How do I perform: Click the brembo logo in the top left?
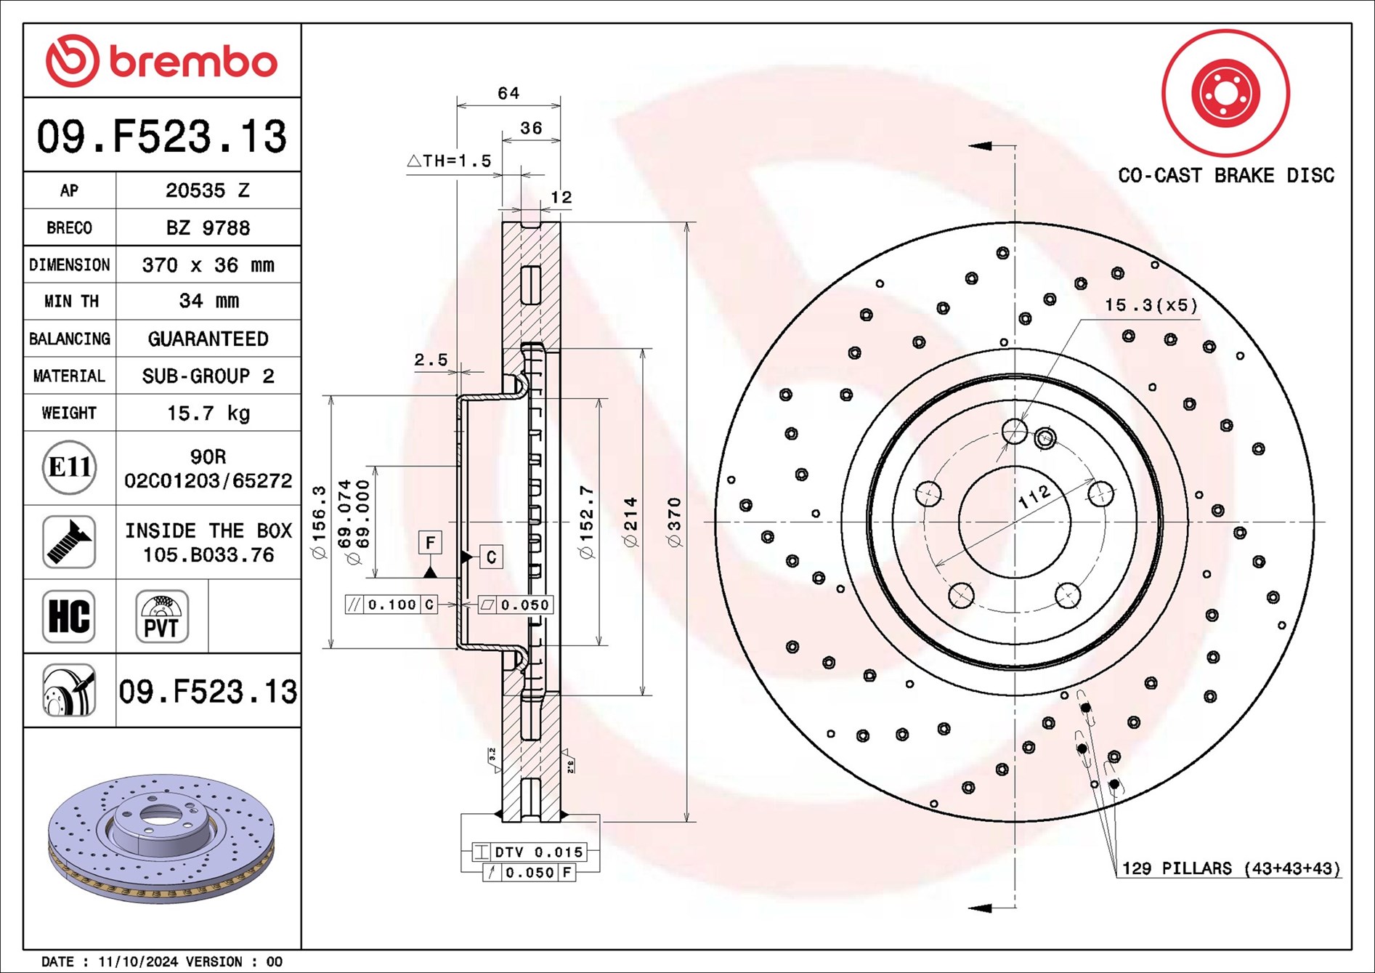(x=161, y=61)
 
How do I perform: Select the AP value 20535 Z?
(x=208, y=190)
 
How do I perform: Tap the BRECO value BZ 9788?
(x=208, y=228)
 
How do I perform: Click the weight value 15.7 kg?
(x=208, y=413)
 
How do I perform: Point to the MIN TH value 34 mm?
(x=208, y=301)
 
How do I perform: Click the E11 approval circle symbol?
(x=69, y=467)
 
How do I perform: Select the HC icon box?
(x=69, y=616)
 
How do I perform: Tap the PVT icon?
(x=161, y=616)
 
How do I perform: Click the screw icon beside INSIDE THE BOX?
(x=69, y=542)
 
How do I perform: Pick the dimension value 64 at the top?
(x=508, y=94)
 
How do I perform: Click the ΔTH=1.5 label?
(x=450, y=161)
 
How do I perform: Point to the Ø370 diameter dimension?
(x=674, y=522)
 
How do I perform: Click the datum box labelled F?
(x=430, y=543)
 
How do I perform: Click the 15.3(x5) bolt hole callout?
(x=1151, y=305)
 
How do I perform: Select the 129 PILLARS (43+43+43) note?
(x=1230, y=868)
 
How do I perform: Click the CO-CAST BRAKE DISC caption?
(x=1225, y=176)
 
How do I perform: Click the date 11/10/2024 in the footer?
(x=138, y=962)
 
